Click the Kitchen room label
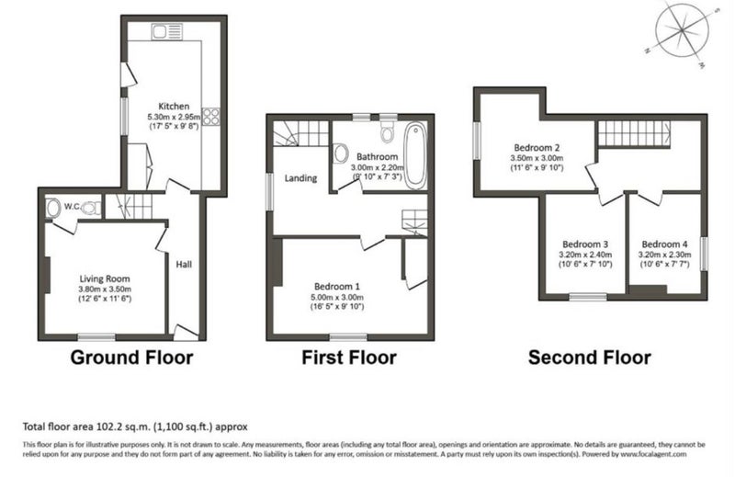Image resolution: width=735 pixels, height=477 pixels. pyautogui.click(x=174, y=106)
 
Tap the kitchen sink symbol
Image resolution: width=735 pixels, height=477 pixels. pyautogui.click(x=167, y=32)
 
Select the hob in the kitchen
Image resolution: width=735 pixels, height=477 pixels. pyautogui.click(x=211, y=117)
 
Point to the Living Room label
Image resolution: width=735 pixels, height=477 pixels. pyautogui.click(x=105, y=278)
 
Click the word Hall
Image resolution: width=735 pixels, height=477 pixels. pyautogui.click(x=184, y=265)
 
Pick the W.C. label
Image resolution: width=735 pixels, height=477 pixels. pyautogui.click(x=73, y=206)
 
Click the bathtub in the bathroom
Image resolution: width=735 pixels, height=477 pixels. pyautogui.click(x=416, y=155)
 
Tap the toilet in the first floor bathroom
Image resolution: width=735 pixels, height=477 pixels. pyautogui.click(x=387, y=131)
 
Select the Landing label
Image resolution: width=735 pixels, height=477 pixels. pyautogui.click(x=301, y=178)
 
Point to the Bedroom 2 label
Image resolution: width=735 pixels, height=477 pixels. pyautogui.click(x=537, y=148)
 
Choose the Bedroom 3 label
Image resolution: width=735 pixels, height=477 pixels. pyautogui.click(x=585, y=244)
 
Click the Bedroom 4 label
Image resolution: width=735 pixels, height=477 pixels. pyautogui.click(x=664, y=244)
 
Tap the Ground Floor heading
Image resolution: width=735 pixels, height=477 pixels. pyautogui.click(x=131, y=358)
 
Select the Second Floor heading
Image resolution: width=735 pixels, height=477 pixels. pyautogui.click(x=590, y=358)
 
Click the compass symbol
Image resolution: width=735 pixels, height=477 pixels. pyautogui.click(x=682, y=32)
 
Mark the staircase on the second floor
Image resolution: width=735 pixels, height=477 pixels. pyautogui.click(x=634, y=133)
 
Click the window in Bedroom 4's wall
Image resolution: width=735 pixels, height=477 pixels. pyautogui.click(x=704, y=254)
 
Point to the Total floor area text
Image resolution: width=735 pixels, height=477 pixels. pyautogui.click(x=135, y=426)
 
